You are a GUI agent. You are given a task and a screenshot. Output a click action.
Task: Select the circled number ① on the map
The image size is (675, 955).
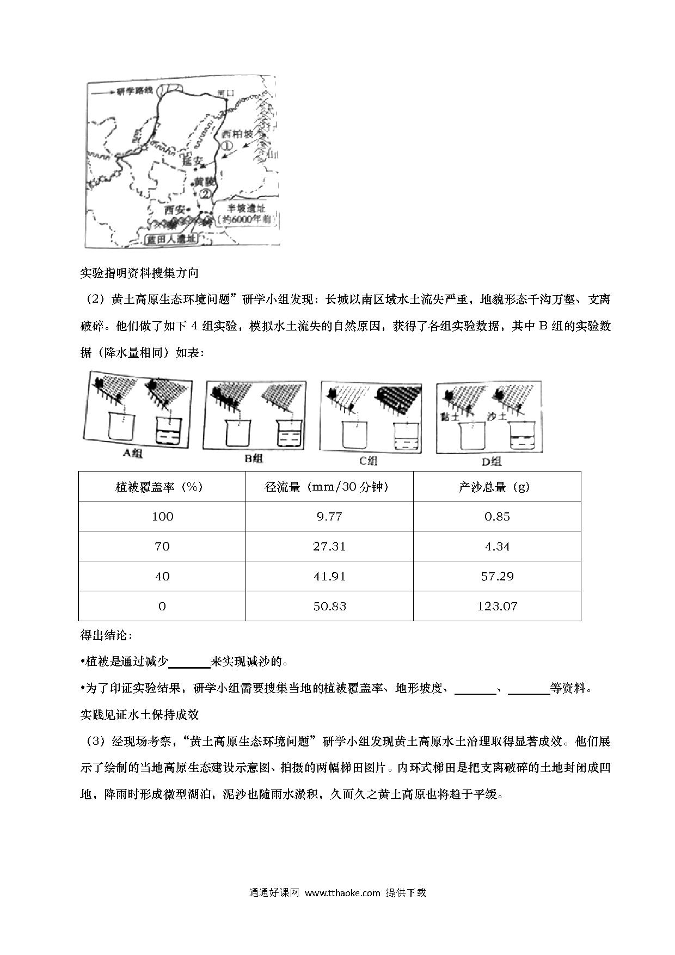click(x=226, y=146)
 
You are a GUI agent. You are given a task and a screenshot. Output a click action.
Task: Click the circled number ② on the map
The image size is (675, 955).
click(x=205, y=194)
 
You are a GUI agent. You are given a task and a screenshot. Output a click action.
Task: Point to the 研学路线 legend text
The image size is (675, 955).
click(x=132, y=91)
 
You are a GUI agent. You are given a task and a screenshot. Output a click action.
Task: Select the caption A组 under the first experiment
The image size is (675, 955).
click(x=132, y=453)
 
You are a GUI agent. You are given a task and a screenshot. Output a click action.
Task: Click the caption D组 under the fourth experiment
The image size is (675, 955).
click(x=491, y=462)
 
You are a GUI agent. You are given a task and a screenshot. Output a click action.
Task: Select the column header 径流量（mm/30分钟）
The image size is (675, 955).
click(x=329, y=487)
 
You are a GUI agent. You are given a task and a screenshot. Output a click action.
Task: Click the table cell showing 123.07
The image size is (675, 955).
click(x=496, y=606)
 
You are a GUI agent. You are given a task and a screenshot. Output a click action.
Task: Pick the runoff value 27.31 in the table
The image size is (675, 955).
click(x=329, y=546)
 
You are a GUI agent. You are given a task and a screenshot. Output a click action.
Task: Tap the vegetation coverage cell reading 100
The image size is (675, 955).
click(x=162, y=516)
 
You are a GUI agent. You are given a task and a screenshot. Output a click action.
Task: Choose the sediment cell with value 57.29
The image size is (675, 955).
click(x=496, y=576)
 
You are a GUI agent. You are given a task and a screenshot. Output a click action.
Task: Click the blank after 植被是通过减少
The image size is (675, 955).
click(x=189, y=662)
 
